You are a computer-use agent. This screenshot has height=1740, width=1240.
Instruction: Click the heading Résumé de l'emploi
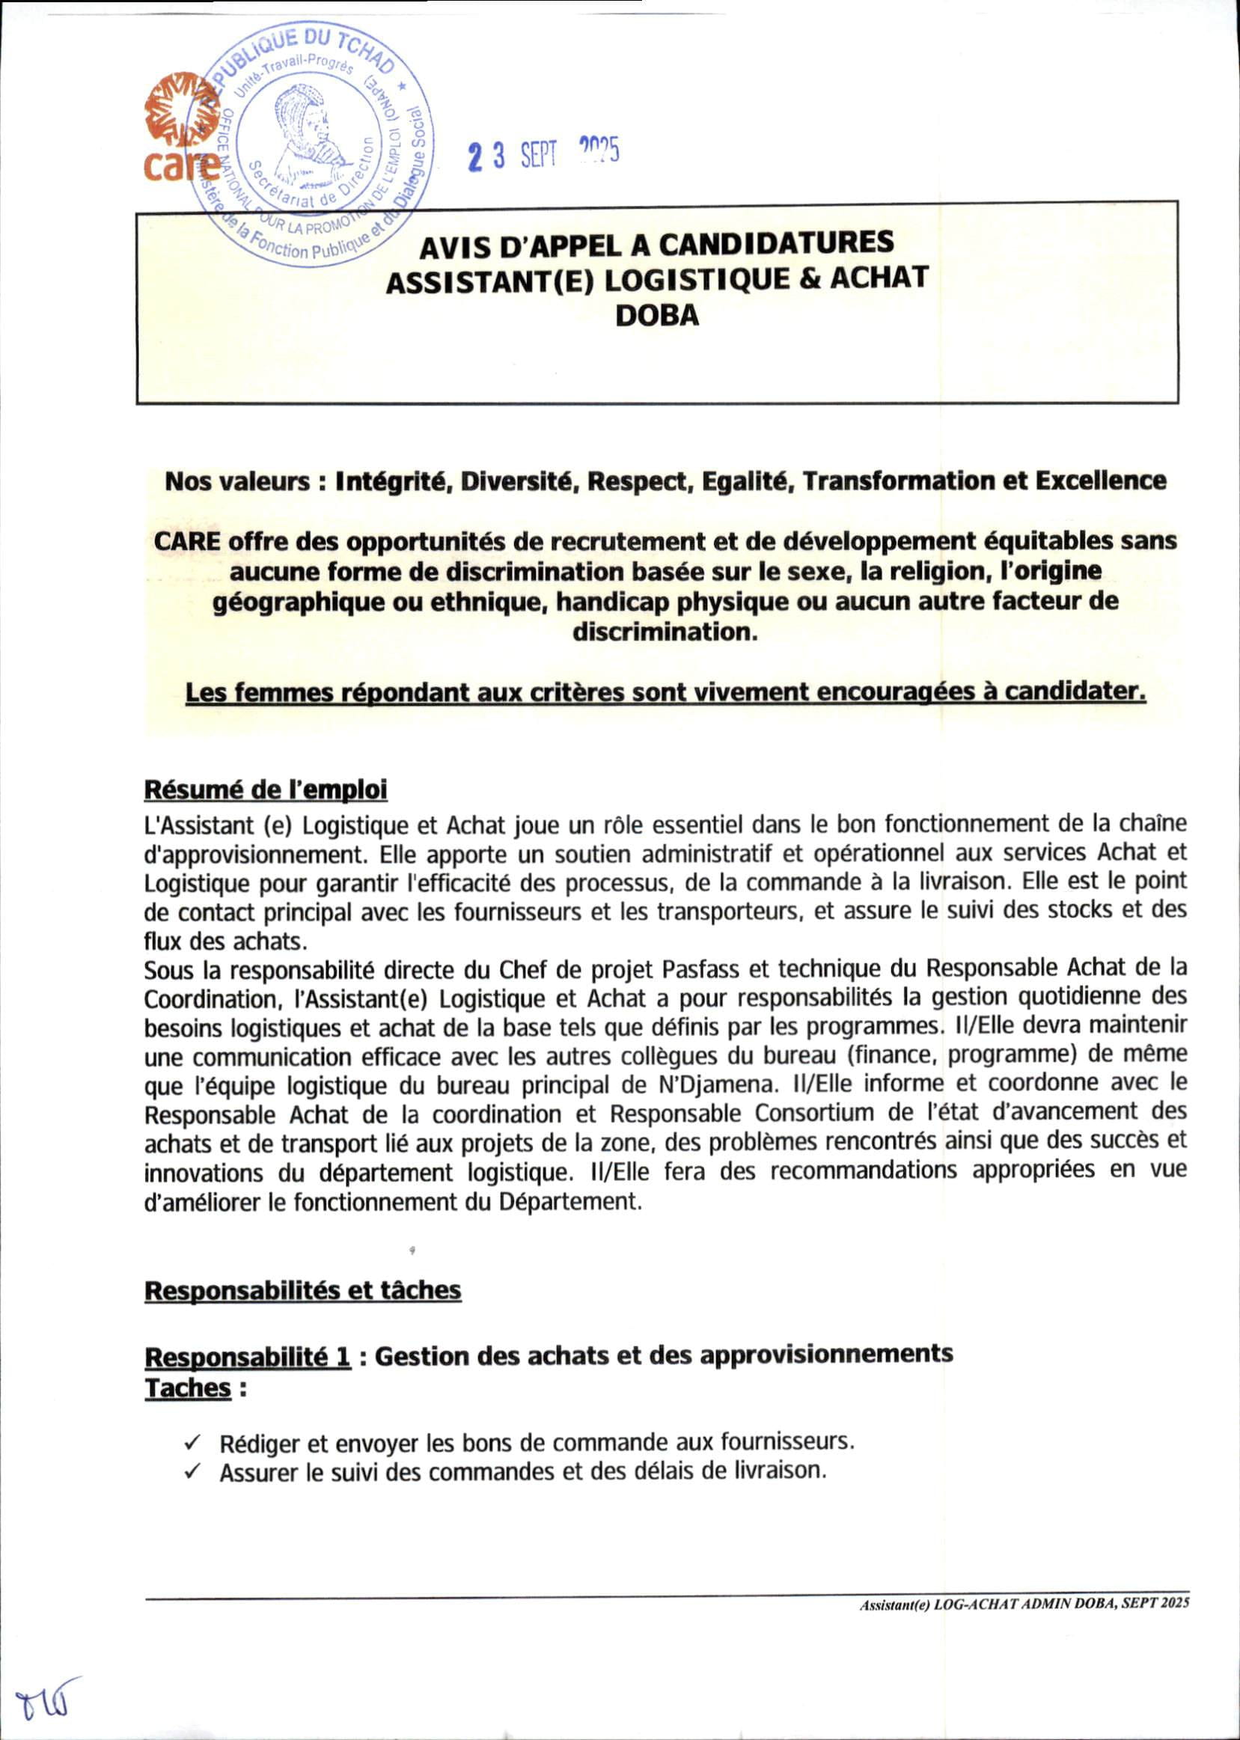coord(266,790)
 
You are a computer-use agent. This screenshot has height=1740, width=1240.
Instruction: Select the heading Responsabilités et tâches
coord(303,1289)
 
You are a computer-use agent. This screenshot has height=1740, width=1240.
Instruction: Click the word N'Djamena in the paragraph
coord(849,1085)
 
